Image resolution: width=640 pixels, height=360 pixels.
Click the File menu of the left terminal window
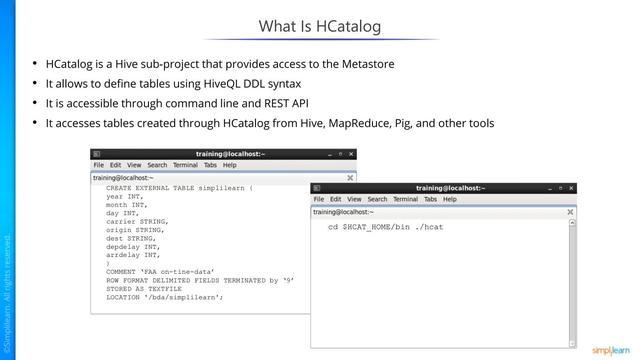(99, 165)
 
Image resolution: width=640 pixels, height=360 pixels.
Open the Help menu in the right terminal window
(450, 199)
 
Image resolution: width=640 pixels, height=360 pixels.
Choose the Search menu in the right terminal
(377, 199)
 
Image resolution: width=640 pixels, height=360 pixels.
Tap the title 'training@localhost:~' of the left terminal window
(230, 153)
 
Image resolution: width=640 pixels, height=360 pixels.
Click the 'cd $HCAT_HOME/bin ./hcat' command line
(385, 228)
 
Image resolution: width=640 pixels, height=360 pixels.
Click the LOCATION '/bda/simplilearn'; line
(164, 298)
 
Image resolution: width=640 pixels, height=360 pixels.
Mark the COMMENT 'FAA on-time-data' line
(160, 272)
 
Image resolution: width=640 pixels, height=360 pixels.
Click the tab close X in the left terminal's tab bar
(349, 177)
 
